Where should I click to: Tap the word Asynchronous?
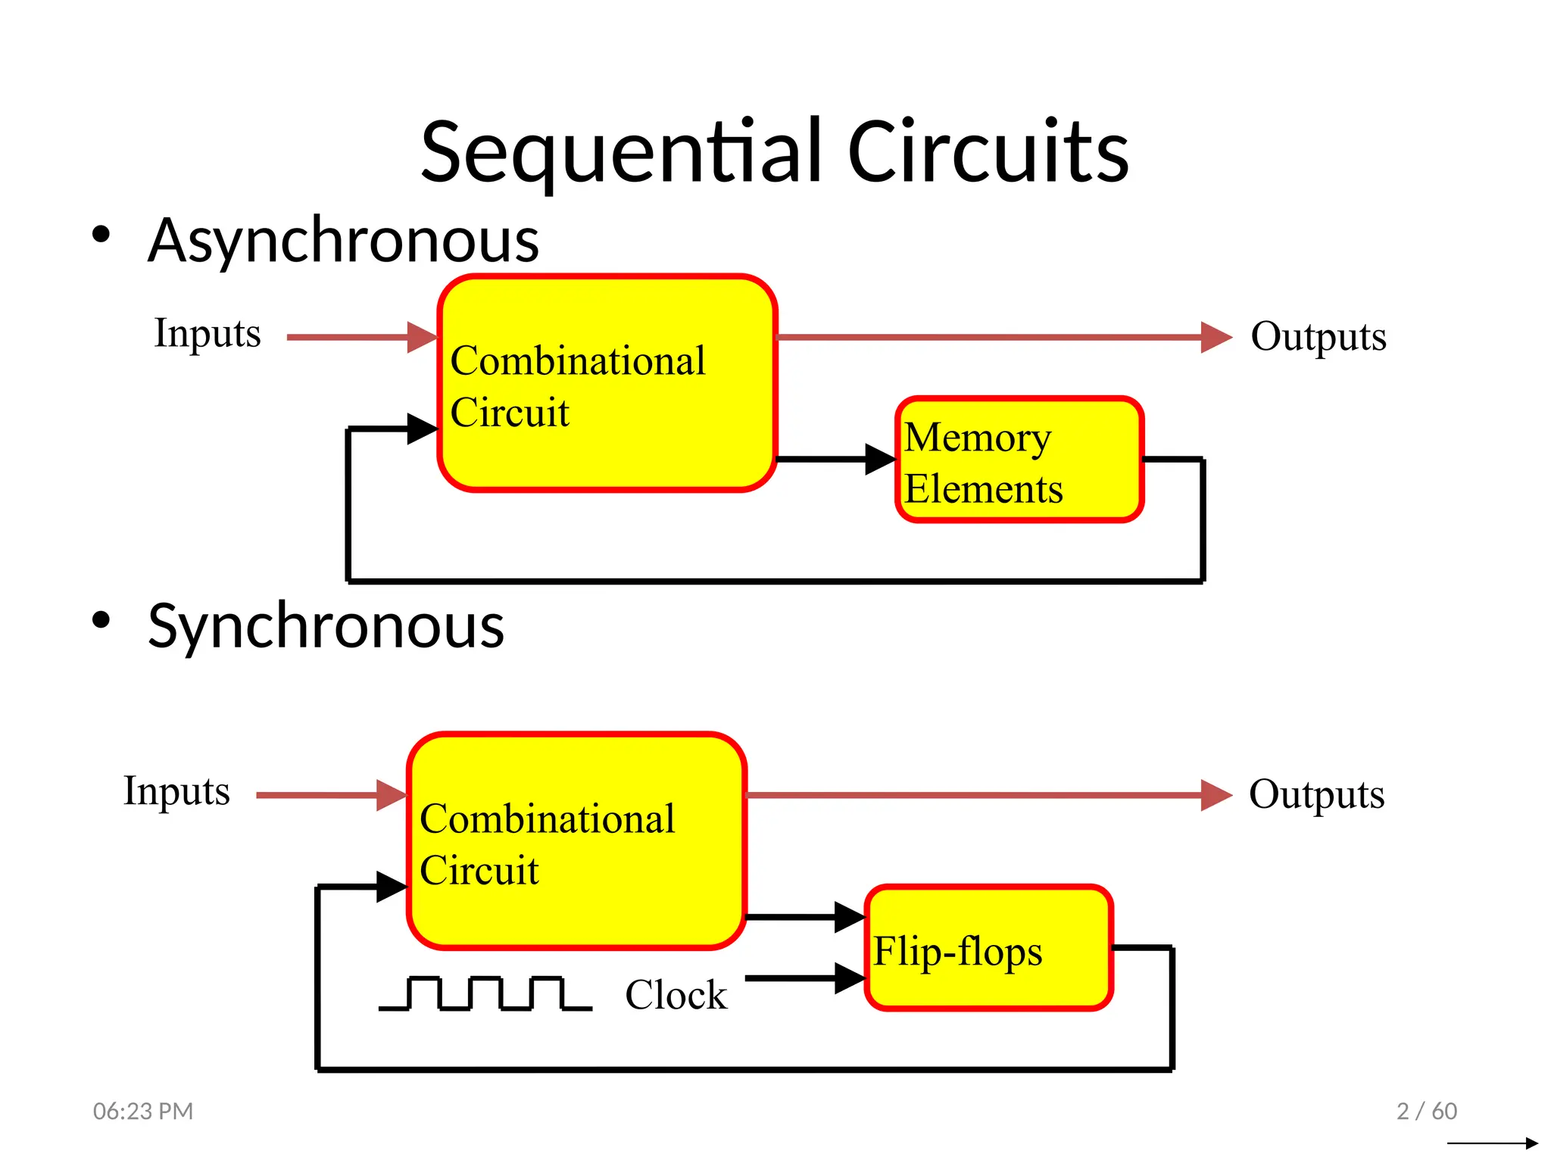click(x=343, y=240)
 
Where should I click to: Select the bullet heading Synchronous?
click(x=326, y=626)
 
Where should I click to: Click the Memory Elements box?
click(x=1019, y=460)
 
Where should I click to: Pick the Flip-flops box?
click(x=988, y=948)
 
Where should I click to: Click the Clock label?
click(x=676, y=995)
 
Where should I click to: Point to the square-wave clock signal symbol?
click(x=485, y=993)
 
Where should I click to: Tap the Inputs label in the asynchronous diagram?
click(x=207, y=333)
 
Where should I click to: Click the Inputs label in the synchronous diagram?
click(x=176, y=791)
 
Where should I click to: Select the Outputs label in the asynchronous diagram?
click(x=1318, y=336)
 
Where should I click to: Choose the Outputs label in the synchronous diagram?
click(x=1316, y=794)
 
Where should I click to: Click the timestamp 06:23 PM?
click(x=143, y=1111)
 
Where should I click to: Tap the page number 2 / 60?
click(x=1426, y=1111)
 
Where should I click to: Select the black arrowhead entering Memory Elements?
click(x=880, y=459)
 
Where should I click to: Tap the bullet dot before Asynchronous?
click(x=101, y=234)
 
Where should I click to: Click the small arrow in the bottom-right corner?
click(x=1492, y=1143)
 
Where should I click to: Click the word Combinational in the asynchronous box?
click(x=577, y=360)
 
